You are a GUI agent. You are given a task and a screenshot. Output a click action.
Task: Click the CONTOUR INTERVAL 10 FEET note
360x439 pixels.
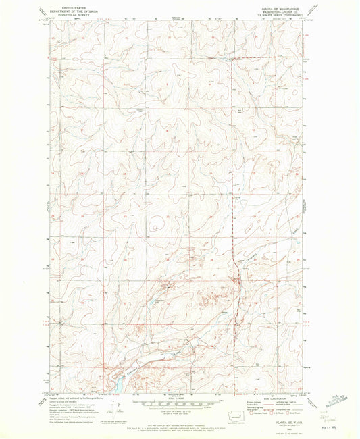(x=179, y=407)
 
